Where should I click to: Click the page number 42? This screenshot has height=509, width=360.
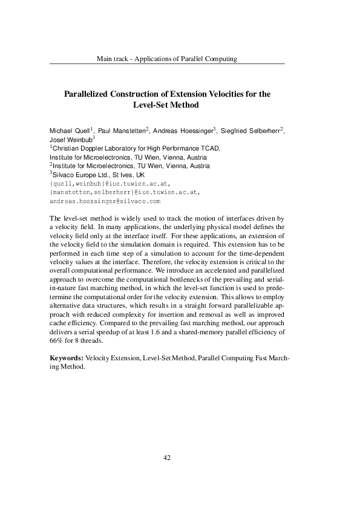[168, 458]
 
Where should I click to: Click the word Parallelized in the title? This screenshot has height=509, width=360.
[89, 94]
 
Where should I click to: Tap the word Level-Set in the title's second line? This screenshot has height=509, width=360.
[152, 104]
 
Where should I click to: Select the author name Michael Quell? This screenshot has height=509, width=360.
[69, 131]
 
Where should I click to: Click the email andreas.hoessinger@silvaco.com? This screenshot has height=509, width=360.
[105, 200]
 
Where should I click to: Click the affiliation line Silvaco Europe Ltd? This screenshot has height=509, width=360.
[78, 174]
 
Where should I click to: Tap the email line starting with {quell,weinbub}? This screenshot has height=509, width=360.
[110, 183]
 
